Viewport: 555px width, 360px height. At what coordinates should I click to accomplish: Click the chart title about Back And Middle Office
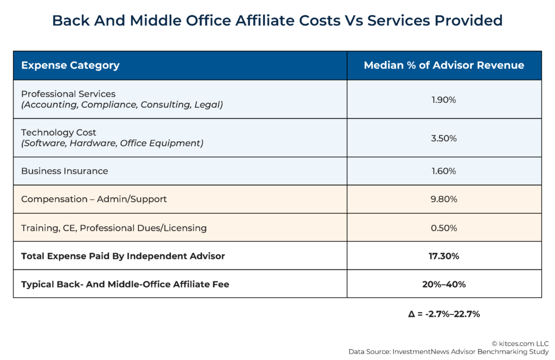tap(277, 21)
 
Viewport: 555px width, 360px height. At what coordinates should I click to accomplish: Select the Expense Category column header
tap(70, 66)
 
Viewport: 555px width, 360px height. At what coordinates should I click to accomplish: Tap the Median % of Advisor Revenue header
tap(443, 66)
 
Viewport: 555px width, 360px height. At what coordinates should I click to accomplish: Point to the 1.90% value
tap(443, 100)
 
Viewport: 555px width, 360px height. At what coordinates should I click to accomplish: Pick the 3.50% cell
tap(443, 138)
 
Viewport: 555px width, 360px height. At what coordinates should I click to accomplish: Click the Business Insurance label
tap(64, 171)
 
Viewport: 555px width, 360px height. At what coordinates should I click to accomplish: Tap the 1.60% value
tap(443, 171)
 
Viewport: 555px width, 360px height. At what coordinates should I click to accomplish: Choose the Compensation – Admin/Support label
tap(94, 199)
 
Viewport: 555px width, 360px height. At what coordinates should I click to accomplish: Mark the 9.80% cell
tap(443, 200)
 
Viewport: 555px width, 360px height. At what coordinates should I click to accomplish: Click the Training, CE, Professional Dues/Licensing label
tap(114, 228)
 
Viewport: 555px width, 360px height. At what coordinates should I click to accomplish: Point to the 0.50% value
tap(443, 228)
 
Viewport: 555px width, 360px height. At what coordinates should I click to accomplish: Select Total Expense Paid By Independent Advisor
tap(123, 256)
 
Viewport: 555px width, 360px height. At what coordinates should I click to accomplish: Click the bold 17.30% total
tap(443, 256)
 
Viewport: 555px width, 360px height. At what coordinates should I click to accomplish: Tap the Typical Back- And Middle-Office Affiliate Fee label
tap(125, 284)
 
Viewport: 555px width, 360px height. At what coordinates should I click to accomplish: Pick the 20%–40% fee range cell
tap(443, 284)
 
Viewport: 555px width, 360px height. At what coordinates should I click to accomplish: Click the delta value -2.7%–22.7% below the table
tap(443, 313)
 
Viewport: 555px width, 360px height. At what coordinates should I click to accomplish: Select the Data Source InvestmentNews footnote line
tap(448, 352)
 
